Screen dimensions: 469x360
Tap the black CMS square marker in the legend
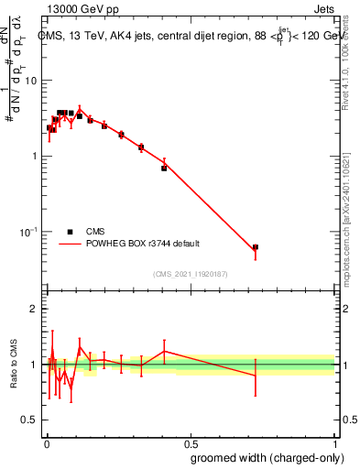pyautogui.click(x=70, y=232)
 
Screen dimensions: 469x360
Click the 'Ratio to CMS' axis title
pyautogui.click(x=13, y=365)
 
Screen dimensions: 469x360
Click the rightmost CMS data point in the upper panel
pyautogui.click(x=256, y=247)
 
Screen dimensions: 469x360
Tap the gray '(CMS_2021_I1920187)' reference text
pyautogui.click(x=190, y=274)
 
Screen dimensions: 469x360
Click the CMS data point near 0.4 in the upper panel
pyautogui.click(x=164, y=168)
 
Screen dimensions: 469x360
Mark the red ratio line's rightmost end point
pyautogui.click(x=256, y=376)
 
